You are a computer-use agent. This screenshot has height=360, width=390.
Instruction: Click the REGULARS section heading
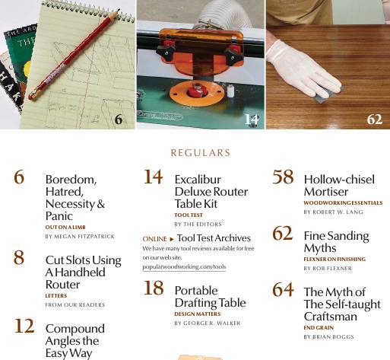coord(200,153)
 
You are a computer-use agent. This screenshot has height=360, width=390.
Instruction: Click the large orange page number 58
coord(283,177)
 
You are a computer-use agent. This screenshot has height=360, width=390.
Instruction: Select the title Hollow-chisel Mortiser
coord(338,186)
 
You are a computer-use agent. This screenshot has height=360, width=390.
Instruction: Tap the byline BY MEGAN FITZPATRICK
coord(80,237)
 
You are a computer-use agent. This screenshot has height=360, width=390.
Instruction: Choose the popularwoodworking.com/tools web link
coord(184,267)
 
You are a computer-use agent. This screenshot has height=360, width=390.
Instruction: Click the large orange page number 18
coord(154,288)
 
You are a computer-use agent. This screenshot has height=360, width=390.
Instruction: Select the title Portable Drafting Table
coord(210,297)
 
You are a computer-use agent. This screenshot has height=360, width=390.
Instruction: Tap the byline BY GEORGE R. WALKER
coord(207,323)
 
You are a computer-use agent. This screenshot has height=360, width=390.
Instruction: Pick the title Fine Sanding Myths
coord(336,242)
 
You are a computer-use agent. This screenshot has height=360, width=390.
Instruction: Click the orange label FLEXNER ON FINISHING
coord(334,260)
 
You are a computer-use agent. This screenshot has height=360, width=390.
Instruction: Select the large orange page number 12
coord(24,326)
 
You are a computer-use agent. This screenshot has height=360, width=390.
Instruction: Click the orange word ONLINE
coord(154,239)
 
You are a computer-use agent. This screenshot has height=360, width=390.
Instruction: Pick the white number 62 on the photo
coord(374,119)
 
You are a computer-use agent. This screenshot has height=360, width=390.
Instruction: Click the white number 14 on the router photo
coord(252,119)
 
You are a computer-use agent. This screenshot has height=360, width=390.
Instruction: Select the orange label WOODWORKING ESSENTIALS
coord(342,203)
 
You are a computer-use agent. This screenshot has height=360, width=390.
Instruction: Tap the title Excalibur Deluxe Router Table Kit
coord(211,192)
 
